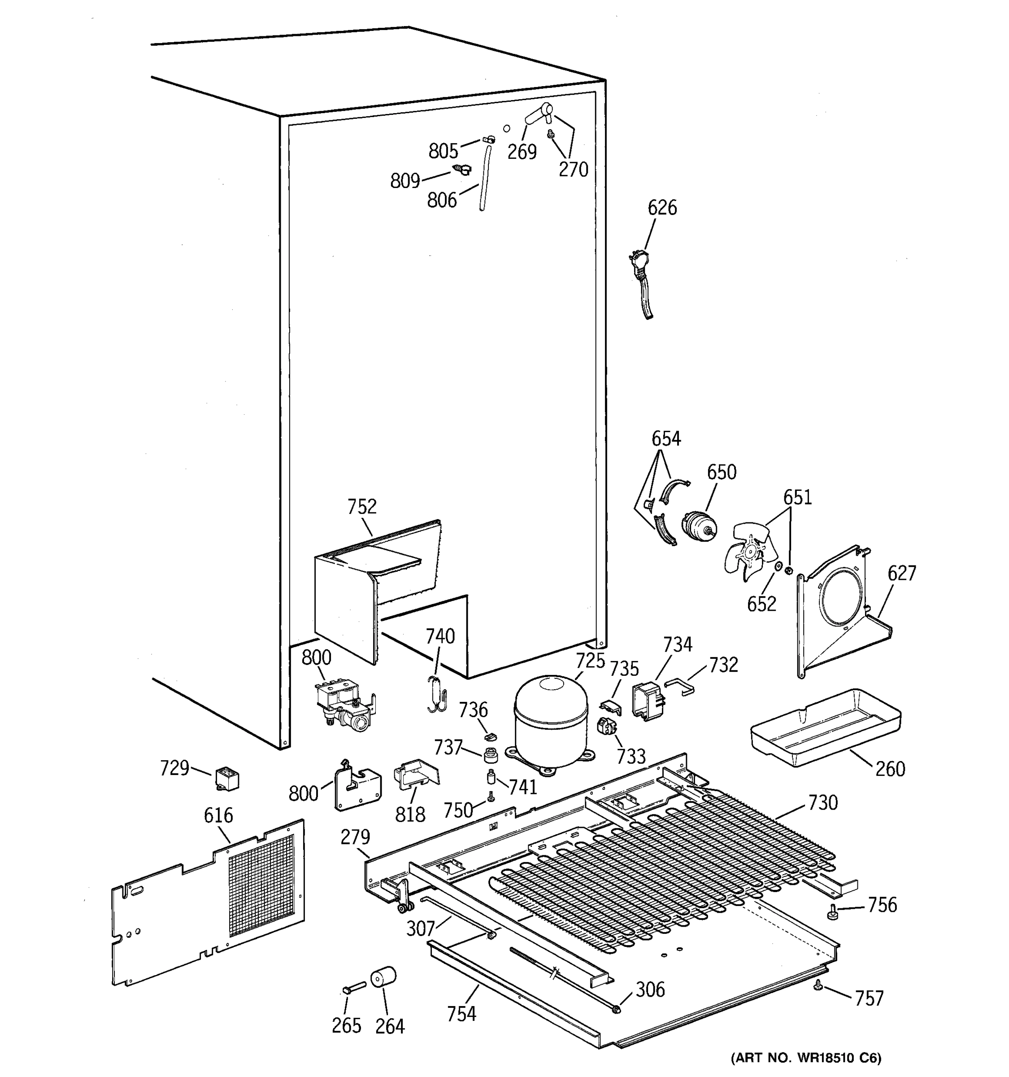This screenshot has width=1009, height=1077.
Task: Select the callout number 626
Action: (x=662, y=207)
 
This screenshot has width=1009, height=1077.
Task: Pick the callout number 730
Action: (x=823, y=802)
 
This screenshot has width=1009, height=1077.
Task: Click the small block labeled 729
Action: (x=227, y=779)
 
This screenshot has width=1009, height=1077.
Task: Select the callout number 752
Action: (x=361, y=507)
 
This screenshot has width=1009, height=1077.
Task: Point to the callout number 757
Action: (x=869, y=998)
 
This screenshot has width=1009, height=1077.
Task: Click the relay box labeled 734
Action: (x=649, y=701)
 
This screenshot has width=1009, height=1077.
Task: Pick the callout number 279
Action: (x=355, y=837)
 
